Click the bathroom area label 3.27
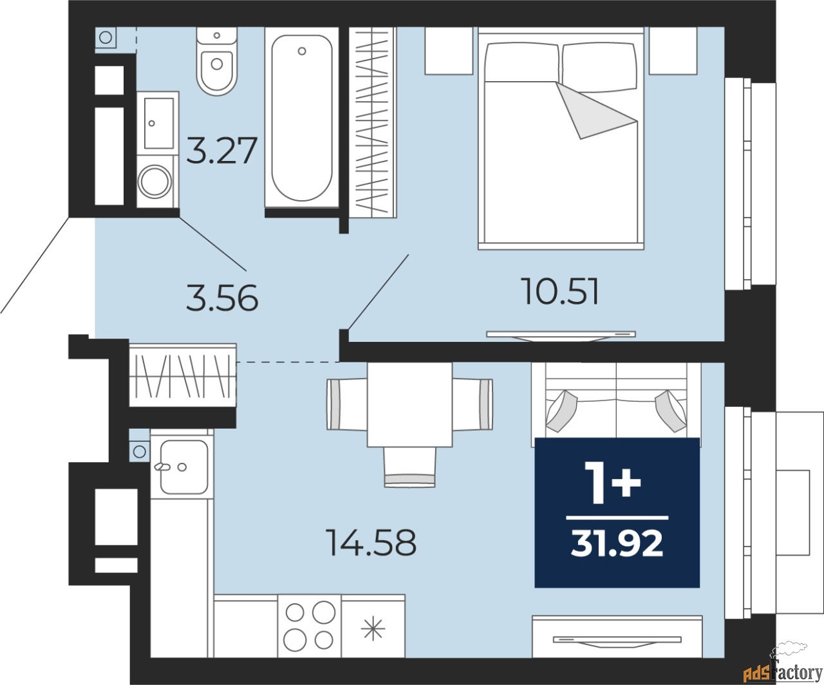point(222,150)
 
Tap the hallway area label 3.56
point(222,298)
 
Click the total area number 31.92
point(617,544)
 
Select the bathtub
point(302,118)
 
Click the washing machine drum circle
point(154,182)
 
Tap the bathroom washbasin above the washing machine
point(158,123)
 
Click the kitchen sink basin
point(184,467)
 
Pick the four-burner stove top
point(310,626)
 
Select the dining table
point(409,405)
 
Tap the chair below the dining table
point(410,467)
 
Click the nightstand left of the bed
point(449,50)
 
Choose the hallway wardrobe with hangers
point(183,375)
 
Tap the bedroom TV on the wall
point(561,335)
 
